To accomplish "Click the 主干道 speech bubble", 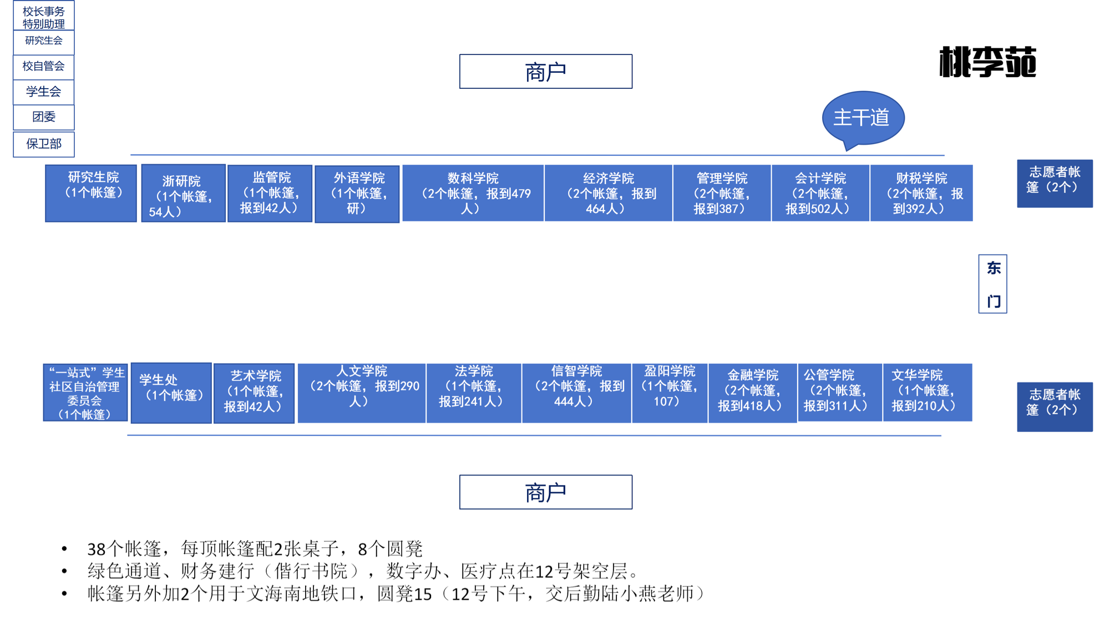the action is point(863,118).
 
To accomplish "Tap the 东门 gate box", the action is point(992,284).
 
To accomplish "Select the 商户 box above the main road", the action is point(546,72).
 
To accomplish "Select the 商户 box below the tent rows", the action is point(546,492).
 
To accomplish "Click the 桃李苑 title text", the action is point(987,62).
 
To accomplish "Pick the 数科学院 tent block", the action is point(473,193).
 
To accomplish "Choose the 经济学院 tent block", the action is point(609,193).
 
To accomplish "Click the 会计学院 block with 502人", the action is point(820,193).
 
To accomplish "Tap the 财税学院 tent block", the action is point(921,193).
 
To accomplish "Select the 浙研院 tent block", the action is point(184,193).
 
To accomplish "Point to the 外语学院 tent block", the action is point(357,194).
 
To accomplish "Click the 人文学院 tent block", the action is point(362,393).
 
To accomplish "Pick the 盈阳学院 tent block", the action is point(670,393).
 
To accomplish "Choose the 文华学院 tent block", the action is point(928,393).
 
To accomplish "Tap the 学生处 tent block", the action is point(171,393).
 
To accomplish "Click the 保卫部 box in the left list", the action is point(44,144).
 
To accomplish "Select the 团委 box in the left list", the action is point(44,118).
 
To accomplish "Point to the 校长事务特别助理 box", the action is point(44,16).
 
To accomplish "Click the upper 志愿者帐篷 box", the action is point(1055,184).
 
